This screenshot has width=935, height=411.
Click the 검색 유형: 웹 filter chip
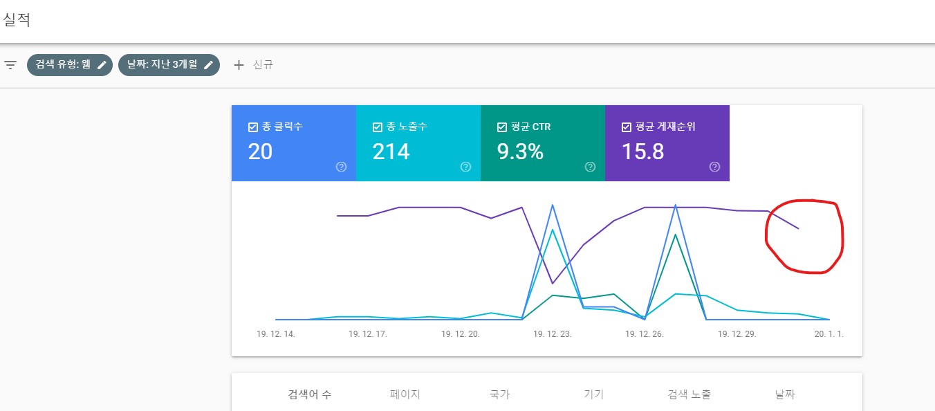[x=69, y=65]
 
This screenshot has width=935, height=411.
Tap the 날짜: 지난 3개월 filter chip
[x=169, y=65]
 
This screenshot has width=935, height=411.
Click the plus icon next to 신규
[x=239, y=65]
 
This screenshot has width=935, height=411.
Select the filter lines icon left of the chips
[x=10, y=65]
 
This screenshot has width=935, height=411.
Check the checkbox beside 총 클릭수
[x=253, y=127]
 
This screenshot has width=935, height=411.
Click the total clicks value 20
[x=260, y=152]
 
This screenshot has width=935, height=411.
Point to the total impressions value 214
[x=391, y=152]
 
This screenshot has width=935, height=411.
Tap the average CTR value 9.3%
[x=520, y=152]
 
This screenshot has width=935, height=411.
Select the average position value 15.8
[x=642, y=152]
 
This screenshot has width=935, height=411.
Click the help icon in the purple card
[x=714, y=167]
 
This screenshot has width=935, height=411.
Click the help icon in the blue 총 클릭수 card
[x=341, y=167]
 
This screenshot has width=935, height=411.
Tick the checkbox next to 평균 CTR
[x=502, y=127]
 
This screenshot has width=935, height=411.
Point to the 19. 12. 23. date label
[x=552, y=334]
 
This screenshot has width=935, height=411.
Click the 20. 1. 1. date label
[x=828, y=334]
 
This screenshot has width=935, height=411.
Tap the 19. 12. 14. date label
[x=275, y=334]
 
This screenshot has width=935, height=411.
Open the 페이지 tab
[x=405, y=395]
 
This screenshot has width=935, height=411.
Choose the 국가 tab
[x=499, y=395]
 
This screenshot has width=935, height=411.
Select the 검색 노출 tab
[x=689, y=395]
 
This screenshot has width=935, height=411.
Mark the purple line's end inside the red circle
[x=799, y=228]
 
